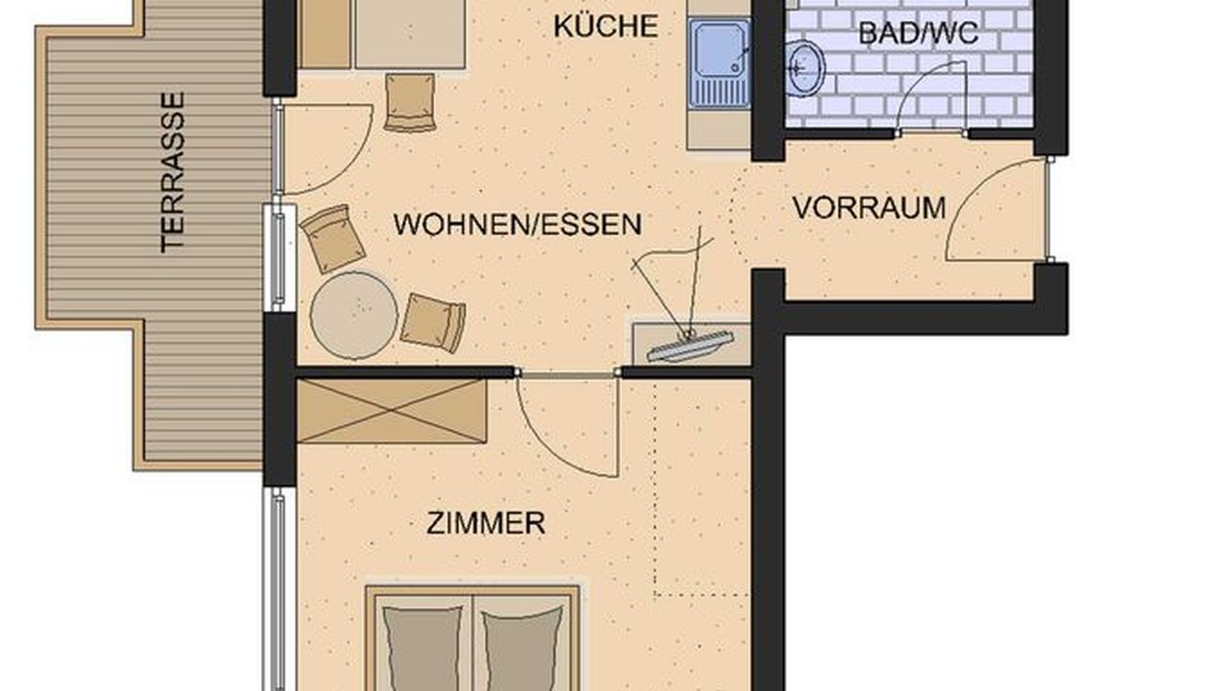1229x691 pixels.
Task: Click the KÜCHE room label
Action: click(606, 26)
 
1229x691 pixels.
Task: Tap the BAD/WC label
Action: click(918, 33)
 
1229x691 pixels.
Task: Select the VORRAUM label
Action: click(870, 208)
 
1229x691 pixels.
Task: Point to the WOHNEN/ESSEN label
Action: click(518, 225)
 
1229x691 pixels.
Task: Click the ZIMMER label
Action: click(486, 523)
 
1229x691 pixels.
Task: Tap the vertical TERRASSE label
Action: click(173, 173)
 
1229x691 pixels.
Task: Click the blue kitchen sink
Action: click(719, 62)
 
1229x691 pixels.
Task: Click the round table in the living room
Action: click(354, 316)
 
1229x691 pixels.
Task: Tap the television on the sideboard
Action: click(690, 345)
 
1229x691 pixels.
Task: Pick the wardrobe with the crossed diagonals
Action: click(392, 411)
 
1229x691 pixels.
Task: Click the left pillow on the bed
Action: click(422, 648)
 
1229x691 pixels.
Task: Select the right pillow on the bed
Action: click(523, 648)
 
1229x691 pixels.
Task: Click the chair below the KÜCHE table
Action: click(410, 103)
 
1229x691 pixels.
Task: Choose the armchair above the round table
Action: click(332, 239)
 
